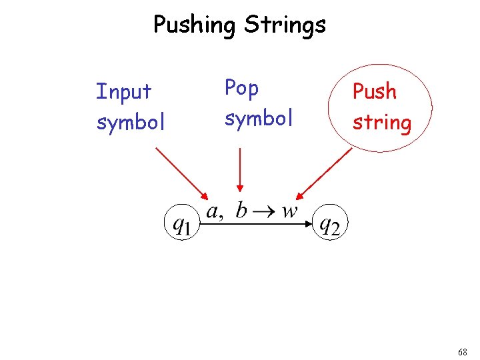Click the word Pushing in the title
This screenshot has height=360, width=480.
(x=195, y=25)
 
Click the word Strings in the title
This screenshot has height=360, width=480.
(x=285, y=25)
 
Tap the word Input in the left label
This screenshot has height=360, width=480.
(x=124, y=91)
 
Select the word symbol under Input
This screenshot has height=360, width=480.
(x=131, y=122)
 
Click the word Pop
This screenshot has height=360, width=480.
(x=241, y=88)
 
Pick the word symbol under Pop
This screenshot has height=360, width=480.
(x=259, y=118)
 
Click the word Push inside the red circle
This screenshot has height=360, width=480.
(x=374, y=91)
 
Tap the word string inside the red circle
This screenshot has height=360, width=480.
(x=381, y=123)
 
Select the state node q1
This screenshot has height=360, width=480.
(x=181, y=225)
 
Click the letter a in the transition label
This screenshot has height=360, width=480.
(x=212, y=212)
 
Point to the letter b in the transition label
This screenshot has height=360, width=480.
(x=241, y=211)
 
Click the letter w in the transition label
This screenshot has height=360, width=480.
(x=289, y=212)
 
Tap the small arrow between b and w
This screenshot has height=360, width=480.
(x=265, y=212)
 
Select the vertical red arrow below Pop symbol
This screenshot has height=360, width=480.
(x=240, y=170)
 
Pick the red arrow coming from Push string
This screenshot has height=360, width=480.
(x=325, y=173)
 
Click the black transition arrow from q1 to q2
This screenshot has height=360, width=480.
(x=257, y=225)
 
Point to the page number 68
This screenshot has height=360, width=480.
(x=463, y=351)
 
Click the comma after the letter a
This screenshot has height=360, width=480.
(x=221, y=217)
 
